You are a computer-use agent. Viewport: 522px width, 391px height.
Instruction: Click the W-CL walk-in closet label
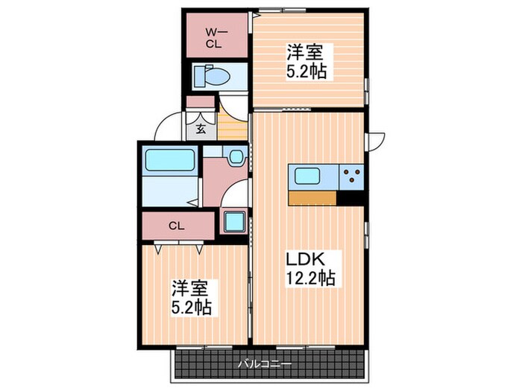pos(213,36)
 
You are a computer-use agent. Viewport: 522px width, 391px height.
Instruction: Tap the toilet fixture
pos(216,76)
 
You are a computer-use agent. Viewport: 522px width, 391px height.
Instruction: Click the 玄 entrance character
pos(201,127)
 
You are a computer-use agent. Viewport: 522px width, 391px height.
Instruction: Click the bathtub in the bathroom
pos(169,161)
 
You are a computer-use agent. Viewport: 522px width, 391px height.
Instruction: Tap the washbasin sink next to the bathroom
pos(236,157)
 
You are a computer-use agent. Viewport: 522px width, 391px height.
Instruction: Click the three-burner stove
pos(350,177)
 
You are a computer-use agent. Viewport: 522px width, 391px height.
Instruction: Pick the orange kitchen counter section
pos(312,198)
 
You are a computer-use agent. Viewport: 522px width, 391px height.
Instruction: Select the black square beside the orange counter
pos(350,198)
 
